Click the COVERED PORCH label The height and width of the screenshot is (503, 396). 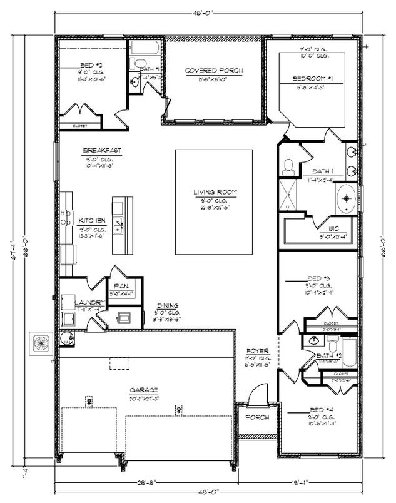213,71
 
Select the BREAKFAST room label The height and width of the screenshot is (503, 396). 102,151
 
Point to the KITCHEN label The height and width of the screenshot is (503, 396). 92,221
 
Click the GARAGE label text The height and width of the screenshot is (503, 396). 144,389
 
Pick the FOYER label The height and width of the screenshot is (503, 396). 257,351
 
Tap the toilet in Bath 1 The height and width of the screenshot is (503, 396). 288,166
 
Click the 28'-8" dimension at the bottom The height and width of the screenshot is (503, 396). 148,482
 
